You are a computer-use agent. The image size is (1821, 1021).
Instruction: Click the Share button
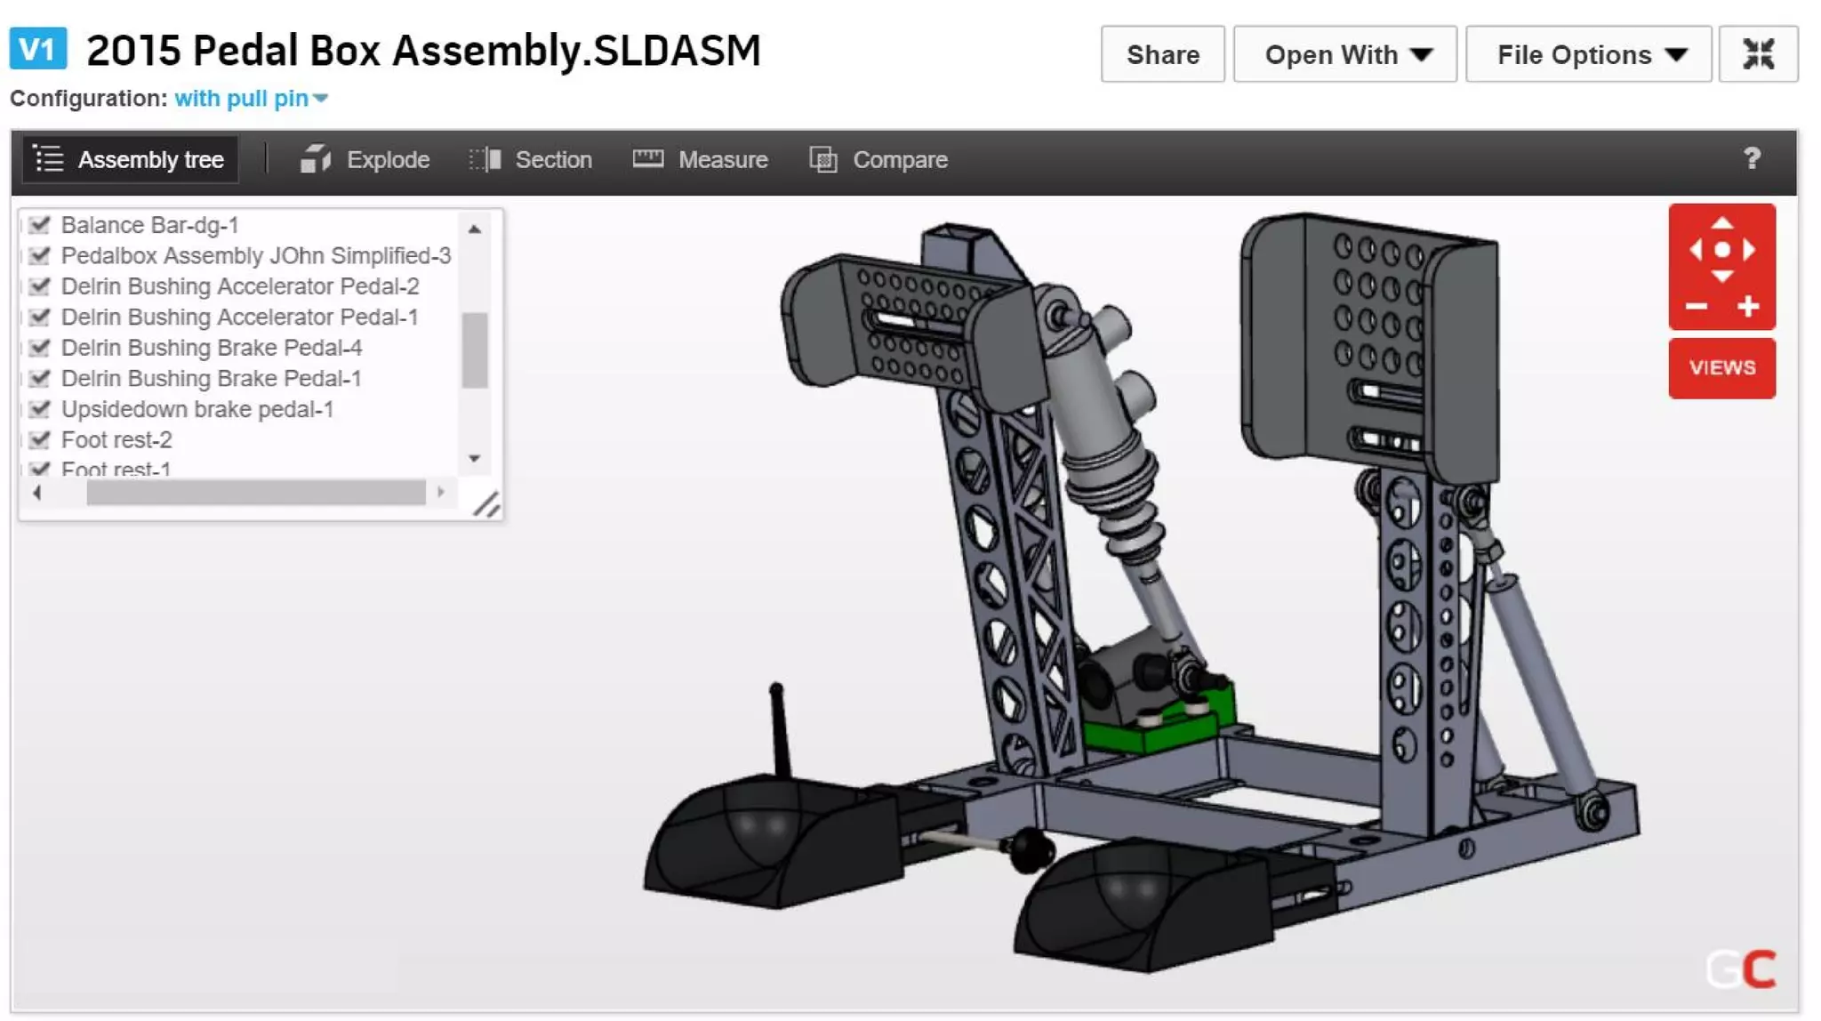pyautogui.click(x=1162, y=55)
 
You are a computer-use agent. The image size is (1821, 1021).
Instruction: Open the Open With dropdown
pyautogui.click(x=1344, y=55)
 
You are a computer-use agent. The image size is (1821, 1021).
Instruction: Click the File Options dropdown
pyautogui.click(x=1588, y=55)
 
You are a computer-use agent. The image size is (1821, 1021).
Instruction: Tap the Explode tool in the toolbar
pyautogui.click(x=365, y=160)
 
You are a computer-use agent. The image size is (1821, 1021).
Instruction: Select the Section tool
pyautogui.click(x=531, y=160)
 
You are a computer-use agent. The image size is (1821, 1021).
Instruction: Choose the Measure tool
pyautogui.click(x=701, y=160)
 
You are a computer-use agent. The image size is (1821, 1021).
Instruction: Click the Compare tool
pyautogui.click(x=878, y=160)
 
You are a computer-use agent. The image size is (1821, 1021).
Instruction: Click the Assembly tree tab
pyautogui.click(x=130, y=160)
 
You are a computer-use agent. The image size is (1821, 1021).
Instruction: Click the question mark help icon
pyautogui.click(x=1752, y=159)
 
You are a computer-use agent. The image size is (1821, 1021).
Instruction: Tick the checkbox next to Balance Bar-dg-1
pyautogui.click(x=39, y=225)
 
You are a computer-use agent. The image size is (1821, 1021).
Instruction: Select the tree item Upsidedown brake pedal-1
pyautogui.click(x=197, y=409)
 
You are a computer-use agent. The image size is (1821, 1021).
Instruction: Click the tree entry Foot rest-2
pyautogui.click(x=116, y=439)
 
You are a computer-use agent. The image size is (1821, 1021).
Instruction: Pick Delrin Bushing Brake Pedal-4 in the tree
pyautogui.click(x=211, y=348)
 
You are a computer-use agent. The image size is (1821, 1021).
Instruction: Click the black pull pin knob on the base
pyautogui.click(x=1031, y=849)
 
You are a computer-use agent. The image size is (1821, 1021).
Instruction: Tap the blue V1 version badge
pyautogui.click(x=37, y=49)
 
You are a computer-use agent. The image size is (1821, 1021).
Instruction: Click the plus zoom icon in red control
pyautogui.click(x=1748, y=307)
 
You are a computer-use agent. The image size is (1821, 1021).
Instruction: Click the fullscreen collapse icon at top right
pyautogui.click(x=1758, y=55)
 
